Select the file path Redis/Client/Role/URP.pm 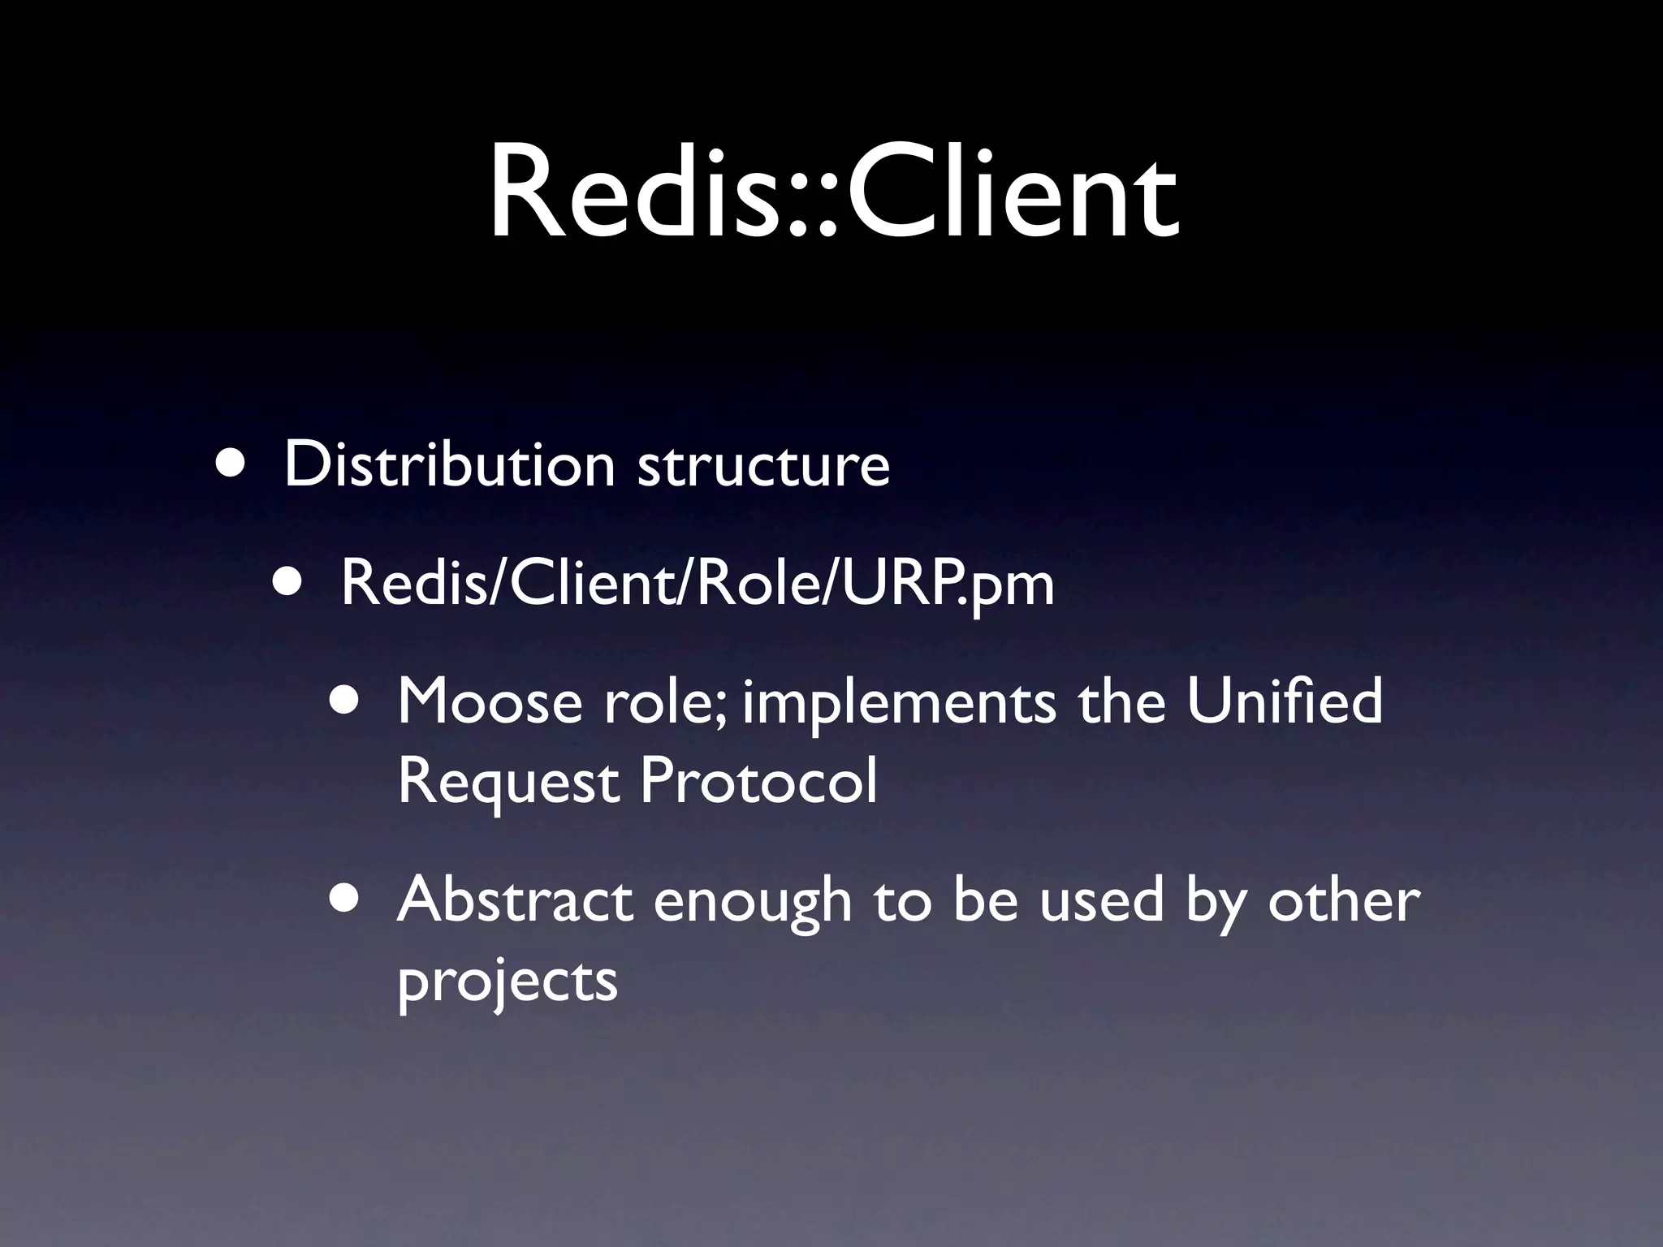(x=697, y=583)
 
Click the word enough (x=752, y=903)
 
